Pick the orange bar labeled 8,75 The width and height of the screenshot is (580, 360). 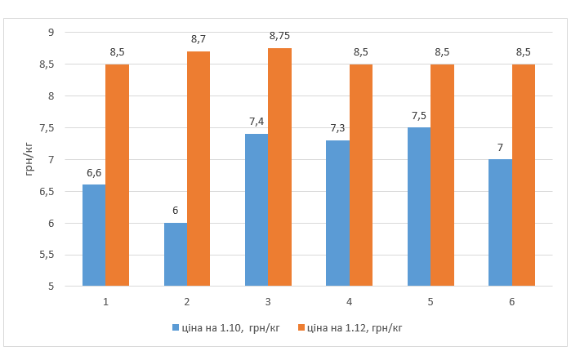pos(279,167)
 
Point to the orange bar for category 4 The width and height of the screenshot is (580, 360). pos(361,176)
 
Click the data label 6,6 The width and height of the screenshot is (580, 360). pos(94,172)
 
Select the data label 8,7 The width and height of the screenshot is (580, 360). pos(199,39)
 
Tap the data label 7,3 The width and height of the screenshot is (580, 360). pos(337,128)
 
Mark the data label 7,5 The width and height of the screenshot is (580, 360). pos(419,115)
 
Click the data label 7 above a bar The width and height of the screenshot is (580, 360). pos(500,147)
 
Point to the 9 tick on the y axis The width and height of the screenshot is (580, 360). pos(50,33)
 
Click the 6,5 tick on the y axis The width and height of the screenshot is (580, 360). pos(47,191)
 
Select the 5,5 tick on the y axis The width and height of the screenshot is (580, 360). pos(47,255)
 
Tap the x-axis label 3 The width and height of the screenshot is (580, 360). pos(268,301)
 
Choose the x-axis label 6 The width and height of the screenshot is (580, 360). pos(511,301)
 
